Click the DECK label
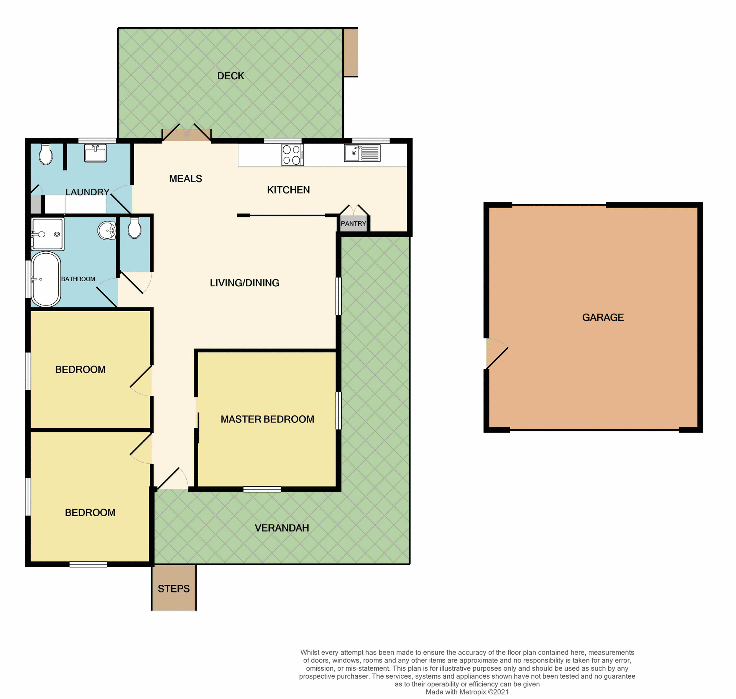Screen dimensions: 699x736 coord(230,76)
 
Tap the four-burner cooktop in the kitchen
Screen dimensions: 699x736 coord(292,155)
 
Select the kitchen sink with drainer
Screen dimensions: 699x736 coord(362,153)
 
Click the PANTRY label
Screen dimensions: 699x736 coord(353,223)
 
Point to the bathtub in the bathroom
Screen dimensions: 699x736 coord(46,279)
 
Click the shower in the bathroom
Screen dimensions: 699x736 coord(48,233)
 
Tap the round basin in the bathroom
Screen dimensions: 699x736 coord(107,231)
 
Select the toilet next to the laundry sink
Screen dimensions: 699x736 coord(46,154)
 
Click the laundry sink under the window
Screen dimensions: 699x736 coord(95,153)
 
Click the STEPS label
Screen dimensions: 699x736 coord(174,589)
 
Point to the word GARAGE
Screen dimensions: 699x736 coord(603,317)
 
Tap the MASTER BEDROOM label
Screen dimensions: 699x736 coord(267,419)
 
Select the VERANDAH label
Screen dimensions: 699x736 coord(282,528)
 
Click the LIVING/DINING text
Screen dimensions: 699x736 coord(245,283)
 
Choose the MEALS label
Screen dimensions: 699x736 coord(186,179)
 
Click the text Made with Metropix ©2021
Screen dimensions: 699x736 coord(467,692)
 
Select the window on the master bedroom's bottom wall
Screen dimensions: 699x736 coord(262,489)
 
